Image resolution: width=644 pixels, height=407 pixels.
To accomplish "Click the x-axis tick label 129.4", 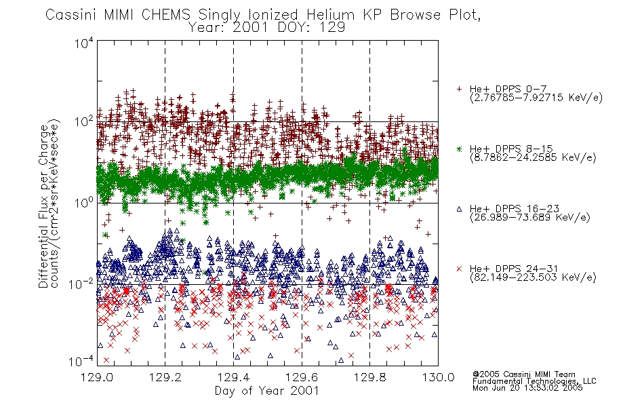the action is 234,377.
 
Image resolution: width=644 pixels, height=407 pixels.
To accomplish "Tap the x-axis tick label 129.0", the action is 97,377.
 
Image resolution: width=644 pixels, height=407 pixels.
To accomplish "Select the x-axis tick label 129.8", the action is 370,377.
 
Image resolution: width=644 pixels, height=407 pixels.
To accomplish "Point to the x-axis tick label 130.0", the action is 438,377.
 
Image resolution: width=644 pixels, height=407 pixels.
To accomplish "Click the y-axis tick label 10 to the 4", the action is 83,43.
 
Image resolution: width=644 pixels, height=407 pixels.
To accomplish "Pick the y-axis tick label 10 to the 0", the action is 83,202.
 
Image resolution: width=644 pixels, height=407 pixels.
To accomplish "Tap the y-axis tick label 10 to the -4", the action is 83,361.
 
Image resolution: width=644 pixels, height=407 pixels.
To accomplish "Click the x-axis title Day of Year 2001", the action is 267,391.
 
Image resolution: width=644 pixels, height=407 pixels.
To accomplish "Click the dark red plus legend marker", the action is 459,89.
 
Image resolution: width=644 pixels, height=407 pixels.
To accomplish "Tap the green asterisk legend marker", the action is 459,149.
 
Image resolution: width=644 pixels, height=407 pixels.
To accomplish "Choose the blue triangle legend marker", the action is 459,209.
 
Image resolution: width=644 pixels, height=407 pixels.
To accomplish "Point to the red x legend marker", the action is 459,269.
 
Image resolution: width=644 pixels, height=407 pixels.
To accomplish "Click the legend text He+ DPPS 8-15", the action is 511,149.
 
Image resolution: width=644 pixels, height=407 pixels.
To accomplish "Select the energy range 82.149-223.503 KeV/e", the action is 533,277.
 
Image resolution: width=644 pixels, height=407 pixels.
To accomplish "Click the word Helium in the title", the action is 330,14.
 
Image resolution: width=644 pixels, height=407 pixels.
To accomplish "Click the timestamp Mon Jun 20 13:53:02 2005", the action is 527,388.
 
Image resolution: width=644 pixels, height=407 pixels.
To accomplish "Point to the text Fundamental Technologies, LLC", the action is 534,381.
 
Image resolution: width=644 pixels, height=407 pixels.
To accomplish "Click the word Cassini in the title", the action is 71,14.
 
